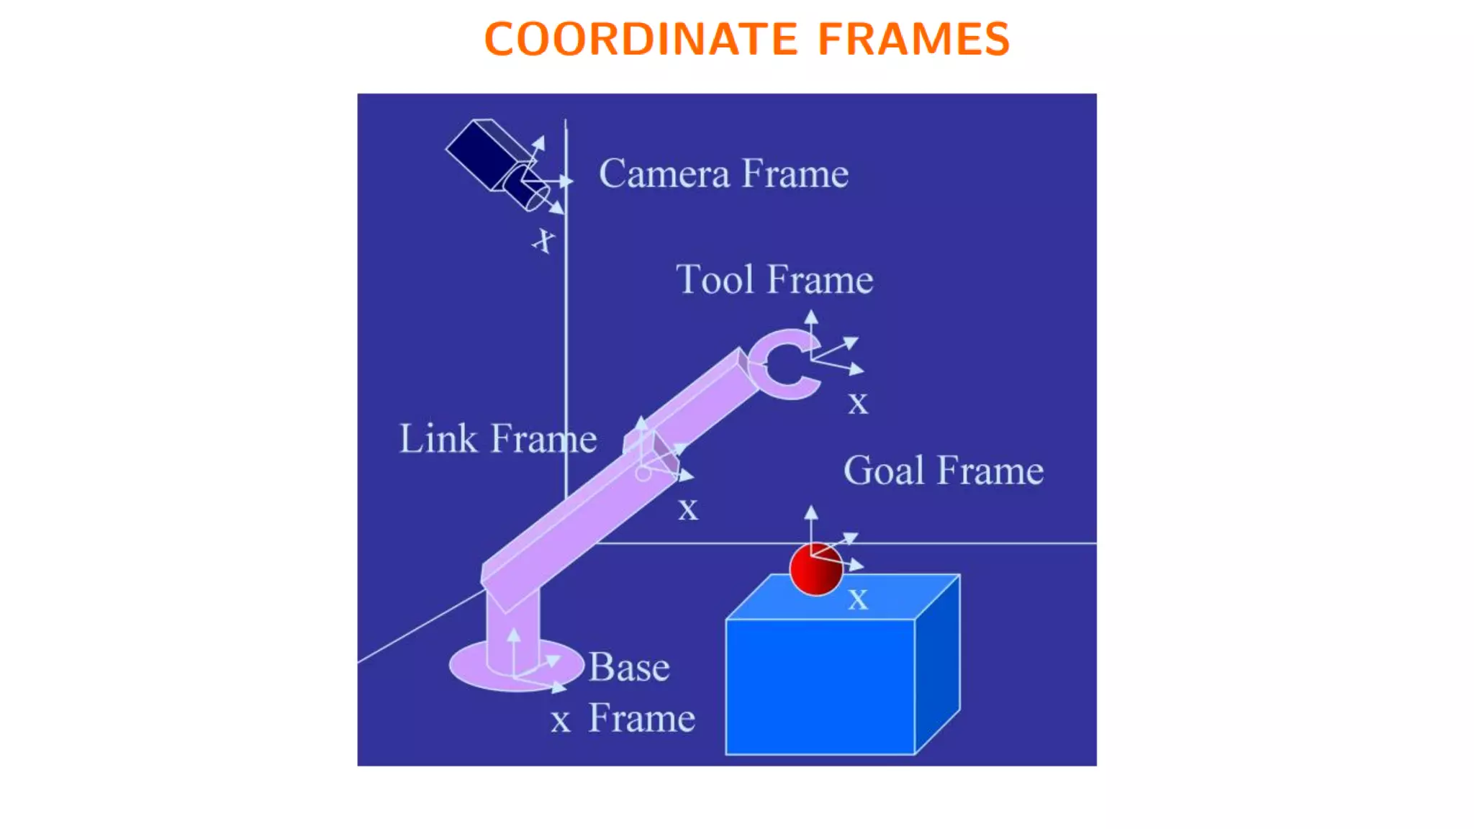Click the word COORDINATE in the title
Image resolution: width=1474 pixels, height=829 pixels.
(x=641, y=39)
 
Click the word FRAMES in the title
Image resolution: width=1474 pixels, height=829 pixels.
(x=913, y=39)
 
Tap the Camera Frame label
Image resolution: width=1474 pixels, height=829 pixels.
(x=723, y=173)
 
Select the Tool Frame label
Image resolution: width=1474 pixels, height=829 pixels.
(x=774, y=279)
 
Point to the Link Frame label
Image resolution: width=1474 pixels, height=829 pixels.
(x=498, y=438)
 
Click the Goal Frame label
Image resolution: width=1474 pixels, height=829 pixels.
(x=943, y=471)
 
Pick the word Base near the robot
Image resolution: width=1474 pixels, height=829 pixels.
(x=629, y=667)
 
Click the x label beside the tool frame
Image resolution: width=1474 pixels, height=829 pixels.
(x=857, y=404)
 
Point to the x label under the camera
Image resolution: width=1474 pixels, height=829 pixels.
(x=544, y=240)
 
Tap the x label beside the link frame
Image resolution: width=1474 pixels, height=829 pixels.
(x=688, y=509)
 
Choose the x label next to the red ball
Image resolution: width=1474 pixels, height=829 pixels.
(x=858, y=599)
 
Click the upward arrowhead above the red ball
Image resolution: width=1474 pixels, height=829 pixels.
(x=811, y=512)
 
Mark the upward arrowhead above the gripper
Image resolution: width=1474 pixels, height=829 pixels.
(x=811, y=317)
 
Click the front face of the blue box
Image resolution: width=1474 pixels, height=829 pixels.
(x=820, y=687)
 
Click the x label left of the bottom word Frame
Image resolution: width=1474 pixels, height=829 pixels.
(x=561, y=720)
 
